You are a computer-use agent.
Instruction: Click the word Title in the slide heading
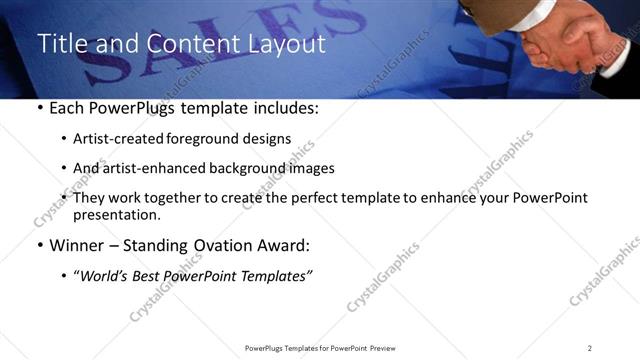pos(62,43)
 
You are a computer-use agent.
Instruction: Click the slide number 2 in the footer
pos(589,347)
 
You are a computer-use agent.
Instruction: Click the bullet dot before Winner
pos(39,246)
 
